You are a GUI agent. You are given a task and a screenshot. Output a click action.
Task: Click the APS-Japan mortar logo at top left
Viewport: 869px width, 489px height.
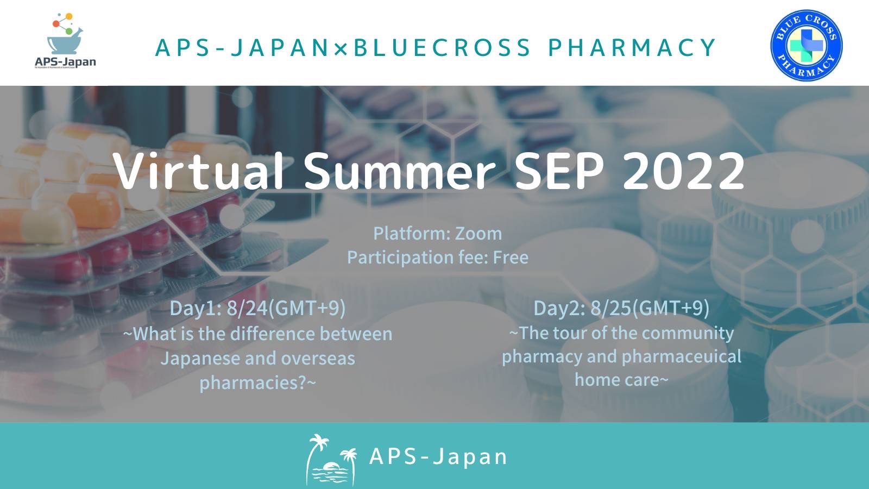(x=65, y=41)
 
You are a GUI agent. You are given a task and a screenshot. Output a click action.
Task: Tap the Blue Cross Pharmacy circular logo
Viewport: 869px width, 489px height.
(x=806, y=46)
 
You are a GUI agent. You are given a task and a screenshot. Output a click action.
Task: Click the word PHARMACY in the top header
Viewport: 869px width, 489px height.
(x=632, y=47)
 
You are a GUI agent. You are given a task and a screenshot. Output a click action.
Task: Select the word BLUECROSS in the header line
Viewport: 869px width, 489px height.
(x=442, y=47)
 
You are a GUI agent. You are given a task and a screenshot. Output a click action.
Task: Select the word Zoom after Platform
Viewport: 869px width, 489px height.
(x=478, y=234)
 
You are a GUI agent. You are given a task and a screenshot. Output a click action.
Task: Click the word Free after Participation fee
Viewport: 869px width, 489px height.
(x=511, y=258)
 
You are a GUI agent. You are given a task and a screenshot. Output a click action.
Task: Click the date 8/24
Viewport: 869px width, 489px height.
(x=247, y=308)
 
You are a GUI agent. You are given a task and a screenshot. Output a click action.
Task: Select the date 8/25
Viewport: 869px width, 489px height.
(x=611, y=308)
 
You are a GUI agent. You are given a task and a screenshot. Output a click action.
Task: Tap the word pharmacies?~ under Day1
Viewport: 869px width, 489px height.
(x=258, y=383)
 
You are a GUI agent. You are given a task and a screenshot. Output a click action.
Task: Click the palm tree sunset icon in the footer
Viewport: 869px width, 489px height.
(x=331, y=460)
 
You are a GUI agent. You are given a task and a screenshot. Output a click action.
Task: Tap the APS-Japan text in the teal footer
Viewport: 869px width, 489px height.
(x=438, y=456)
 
